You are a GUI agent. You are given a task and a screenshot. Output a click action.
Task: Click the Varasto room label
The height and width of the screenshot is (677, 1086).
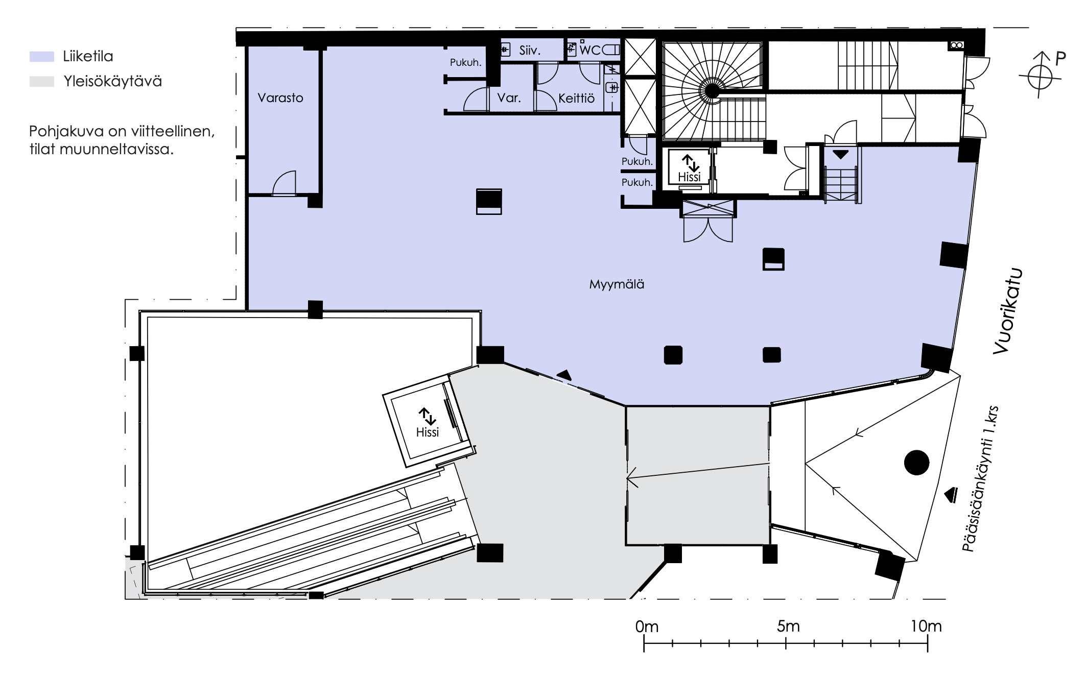point(280,98)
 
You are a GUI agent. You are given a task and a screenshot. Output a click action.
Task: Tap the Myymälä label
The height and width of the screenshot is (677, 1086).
point(617,284)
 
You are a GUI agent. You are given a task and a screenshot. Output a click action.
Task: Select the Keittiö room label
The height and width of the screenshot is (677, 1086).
point(576,98)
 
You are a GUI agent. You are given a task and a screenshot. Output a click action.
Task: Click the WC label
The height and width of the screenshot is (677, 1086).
point(591,50)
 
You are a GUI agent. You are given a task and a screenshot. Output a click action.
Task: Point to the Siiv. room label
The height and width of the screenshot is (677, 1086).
point(530,50)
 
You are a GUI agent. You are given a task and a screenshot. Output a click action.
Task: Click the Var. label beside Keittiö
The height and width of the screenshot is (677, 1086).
point(509,98)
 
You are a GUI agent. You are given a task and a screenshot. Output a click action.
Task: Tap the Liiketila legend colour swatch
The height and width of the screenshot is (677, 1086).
point(42,57)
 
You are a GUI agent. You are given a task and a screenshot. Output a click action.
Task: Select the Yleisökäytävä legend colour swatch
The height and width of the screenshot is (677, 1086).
point(42,82)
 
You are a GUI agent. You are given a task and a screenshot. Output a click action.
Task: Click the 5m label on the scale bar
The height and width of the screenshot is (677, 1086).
point(788,626)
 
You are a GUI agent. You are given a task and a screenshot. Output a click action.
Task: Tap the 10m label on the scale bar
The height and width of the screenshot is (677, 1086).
point(926,626)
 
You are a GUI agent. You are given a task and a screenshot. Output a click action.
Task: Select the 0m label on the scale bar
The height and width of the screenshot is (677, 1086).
point(647,626)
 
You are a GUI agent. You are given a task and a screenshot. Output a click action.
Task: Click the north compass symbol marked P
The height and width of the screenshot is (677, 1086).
point(1041,75)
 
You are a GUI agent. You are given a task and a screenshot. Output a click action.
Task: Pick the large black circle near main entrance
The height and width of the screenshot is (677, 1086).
point(916,463)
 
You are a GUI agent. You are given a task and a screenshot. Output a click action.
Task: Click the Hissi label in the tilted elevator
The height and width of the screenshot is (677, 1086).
point(428,432)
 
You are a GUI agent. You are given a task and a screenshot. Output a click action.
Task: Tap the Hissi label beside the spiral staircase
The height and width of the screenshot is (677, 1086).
point(690,177)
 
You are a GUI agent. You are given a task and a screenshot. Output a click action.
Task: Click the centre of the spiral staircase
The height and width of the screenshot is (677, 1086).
point(711,91)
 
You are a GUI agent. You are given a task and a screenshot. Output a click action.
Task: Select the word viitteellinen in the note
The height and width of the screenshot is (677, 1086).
point(161,132)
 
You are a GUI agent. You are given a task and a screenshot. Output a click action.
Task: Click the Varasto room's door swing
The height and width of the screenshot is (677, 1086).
point(284,183)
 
